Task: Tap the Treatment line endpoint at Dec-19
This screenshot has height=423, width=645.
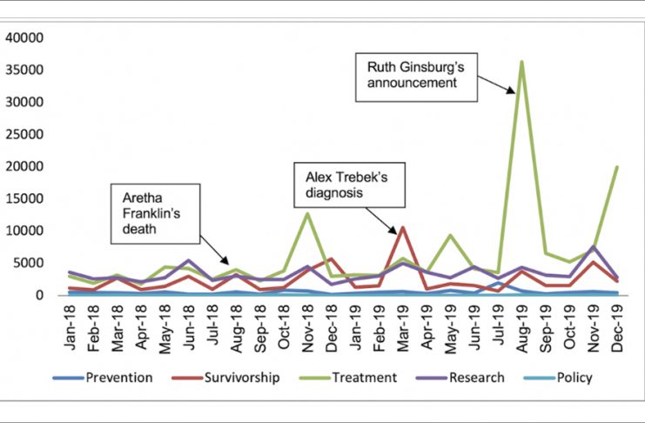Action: [x=616, y=167]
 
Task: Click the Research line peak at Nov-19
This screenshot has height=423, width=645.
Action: [x=593, y=246]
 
